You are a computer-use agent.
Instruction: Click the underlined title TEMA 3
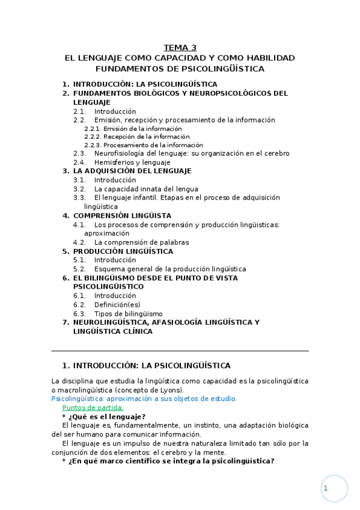click(180, 48)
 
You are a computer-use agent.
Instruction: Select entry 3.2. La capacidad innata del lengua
click(146, 189)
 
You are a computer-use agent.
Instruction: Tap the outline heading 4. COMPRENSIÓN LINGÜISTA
click(122, 215)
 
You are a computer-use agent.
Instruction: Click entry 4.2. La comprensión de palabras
click(141, 242)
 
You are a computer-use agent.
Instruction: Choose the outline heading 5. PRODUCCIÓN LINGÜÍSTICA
click(123, 251)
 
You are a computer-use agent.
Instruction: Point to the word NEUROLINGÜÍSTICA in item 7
click(111, 322)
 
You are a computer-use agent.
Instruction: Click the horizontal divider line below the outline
click(180, 351)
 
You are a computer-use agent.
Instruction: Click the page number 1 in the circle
click(326, 489)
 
